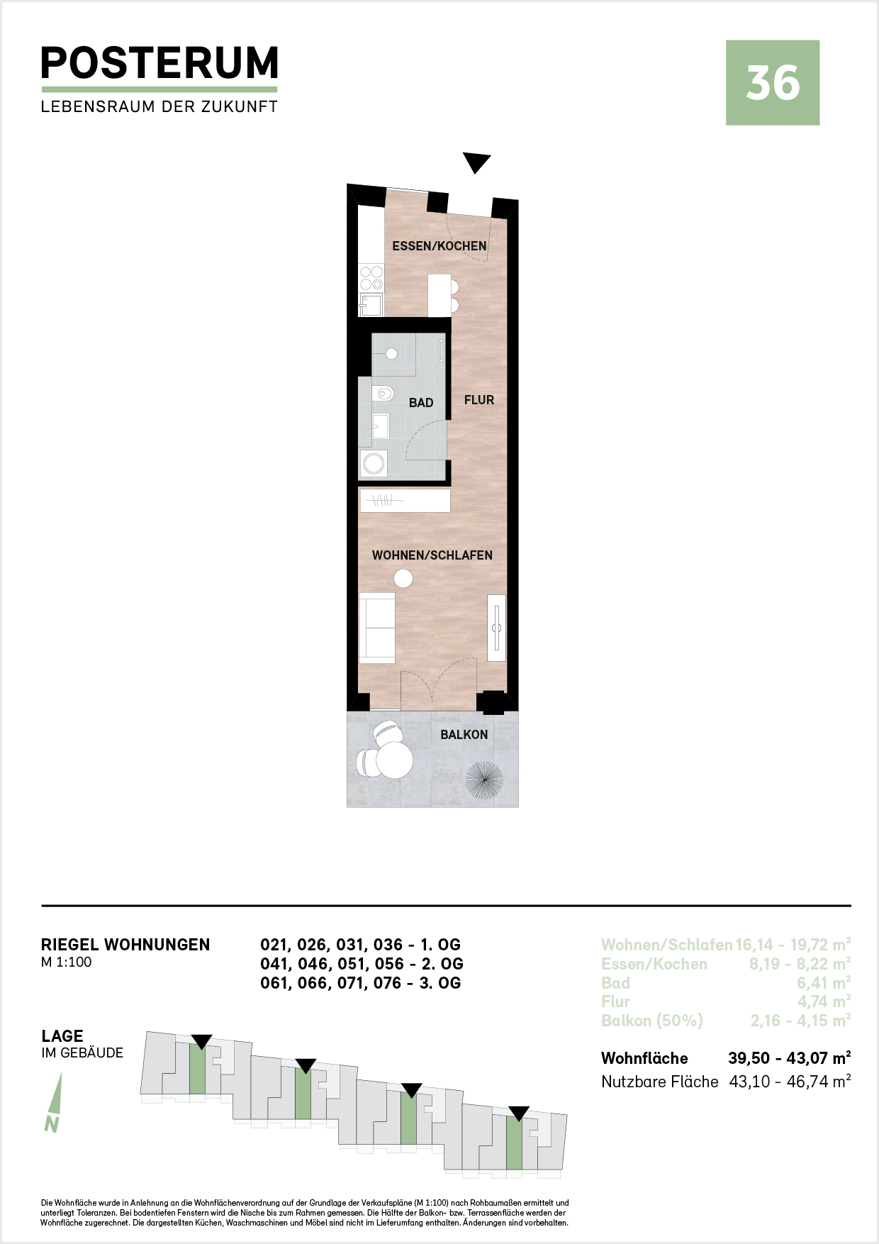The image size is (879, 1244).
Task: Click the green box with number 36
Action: [773, 83]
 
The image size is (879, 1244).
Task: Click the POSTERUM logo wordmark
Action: [159, 63]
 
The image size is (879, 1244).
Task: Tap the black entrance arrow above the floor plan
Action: [476, 163]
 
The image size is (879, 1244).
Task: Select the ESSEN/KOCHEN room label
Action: [439, 246]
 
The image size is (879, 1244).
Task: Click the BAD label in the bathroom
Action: [421, 403]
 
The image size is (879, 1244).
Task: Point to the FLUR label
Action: [479, 400]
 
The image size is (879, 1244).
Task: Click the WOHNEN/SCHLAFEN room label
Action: [432, 555]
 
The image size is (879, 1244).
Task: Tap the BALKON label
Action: [464, 735]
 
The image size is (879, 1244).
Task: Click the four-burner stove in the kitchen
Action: [371, 278]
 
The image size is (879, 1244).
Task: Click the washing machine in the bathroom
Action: [373, 464]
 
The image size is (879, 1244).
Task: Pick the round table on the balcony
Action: [393, 760]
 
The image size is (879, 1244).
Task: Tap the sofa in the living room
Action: [377, 628]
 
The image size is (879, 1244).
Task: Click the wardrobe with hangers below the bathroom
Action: [405, 501]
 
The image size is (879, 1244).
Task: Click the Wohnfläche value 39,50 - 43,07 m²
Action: [789, 1058]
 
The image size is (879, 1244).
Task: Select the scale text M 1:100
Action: [67, 962]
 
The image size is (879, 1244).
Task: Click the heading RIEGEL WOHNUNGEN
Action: [125, 945]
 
